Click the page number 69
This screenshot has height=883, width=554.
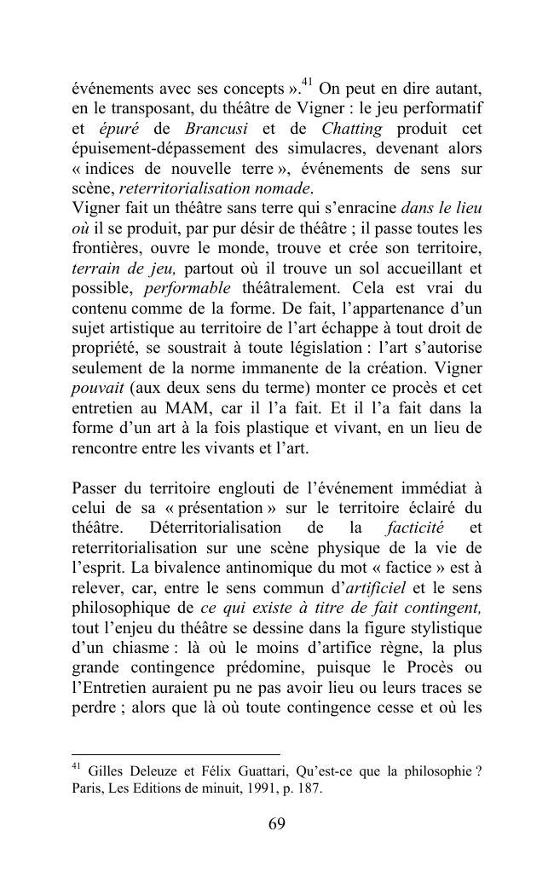click(277, 824)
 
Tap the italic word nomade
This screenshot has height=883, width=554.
click(277, 188)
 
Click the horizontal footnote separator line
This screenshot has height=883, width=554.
click(176, 754)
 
